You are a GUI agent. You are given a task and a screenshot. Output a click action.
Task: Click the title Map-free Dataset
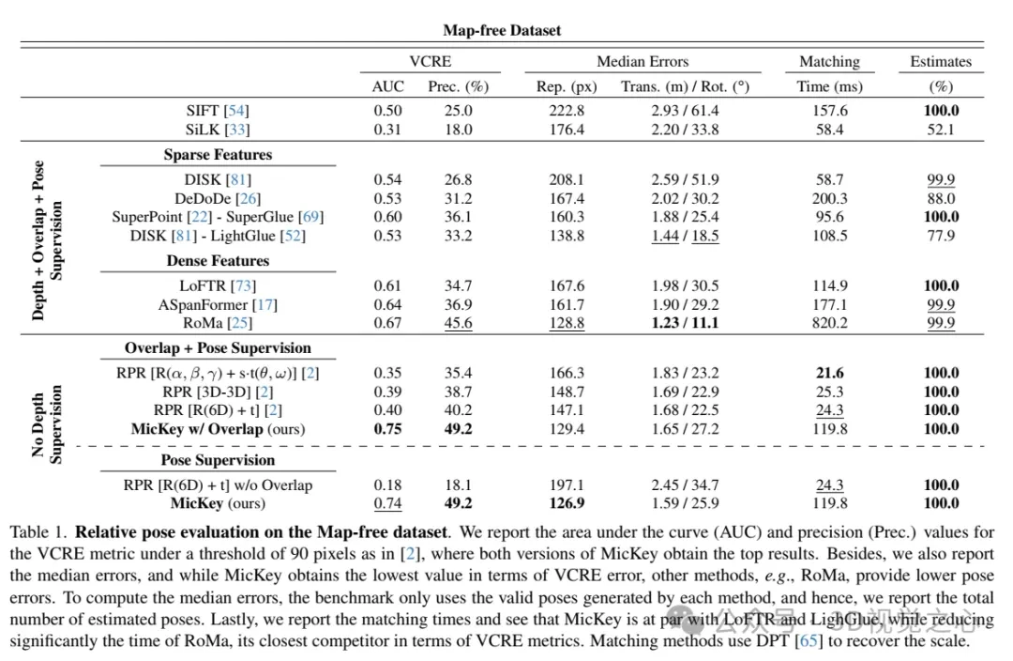pyautogui.click(x=502, y=30)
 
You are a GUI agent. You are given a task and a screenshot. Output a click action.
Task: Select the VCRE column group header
pyautogui.click(x=430, y=62)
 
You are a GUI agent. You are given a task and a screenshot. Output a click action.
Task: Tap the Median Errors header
pyautogui.click(x=642, y=62)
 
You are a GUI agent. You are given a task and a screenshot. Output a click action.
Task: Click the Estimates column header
pyautogui.click(x=940, y=62)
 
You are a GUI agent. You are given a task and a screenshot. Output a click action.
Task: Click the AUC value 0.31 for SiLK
pyautogui.click(x=387, y=130)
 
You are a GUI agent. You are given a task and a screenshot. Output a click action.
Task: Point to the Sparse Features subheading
pyautogui.click(x=218, y=155)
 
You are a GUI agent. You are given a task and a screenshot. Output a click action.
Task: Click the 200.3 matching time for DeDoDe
pyautogui.click(x=829, y=198)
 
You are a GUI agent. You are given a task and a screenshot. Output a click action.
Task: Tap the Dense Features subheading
pyautogui.click(x=218, y=261)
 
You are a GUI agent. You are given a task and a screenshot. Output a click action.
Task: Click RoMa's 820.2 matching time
pyautogui.click(x=829, y=323)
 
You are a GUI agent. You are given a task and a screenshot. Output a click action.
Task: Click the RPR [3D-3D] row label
pyautogui.click(x=218, y=392)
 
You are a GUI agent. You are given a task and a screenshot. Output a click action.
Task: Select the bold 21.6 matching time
pyautogui.click(x=829, y=373)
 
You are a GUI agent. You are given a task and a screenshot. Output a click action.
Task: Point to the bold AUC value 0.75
pyautogui.click(x=387, y=429)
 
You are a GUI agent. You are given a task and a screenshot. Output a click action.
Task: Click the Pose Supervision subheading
pyautogui.click(x=218, y=460)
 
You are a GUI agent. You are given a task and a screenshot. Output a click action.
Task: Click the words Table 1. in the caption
pyautogui.click(x=38, y=531)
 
